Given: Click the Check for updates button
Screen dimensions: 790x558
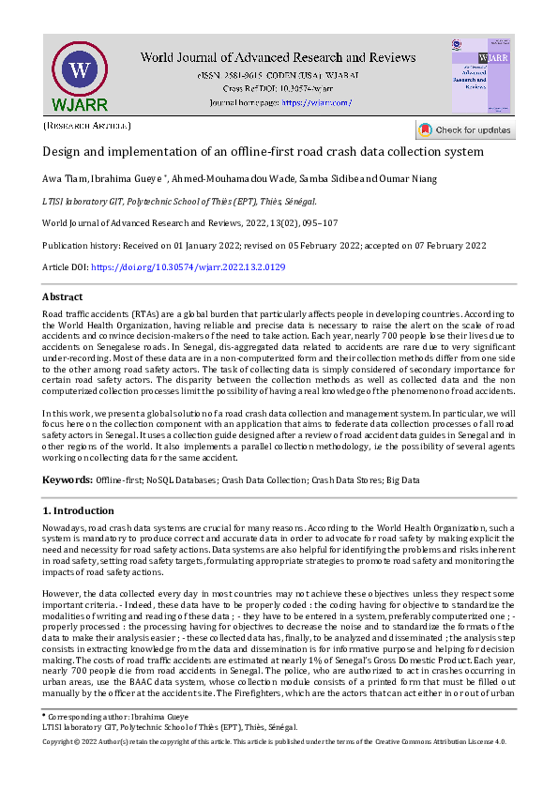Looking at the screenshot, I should [465, 130].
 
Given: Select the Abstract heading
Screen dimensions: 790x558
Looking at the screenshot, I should [63, 296].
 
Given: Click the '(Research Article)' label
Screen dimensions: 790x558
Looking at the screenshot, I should [87, 125].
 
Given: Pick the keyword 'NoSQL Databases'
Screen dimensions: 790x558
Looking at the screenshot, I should [181, 480].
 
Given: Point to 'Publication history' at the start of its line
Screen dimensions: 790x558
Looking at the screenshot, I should [81, 246].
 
